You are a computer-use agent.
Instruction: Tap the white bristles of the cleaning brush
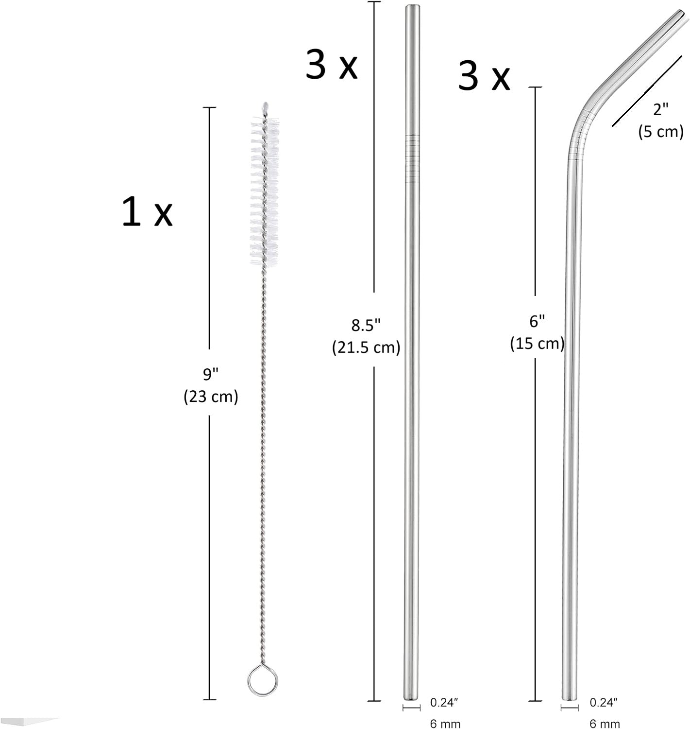point(264,191)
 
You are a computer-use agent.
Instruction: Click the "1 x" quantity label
point(147,212)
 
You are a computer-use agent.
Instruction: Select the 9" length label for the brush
point(210,375)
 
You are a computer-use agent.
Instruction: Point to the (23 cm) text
point(211,397)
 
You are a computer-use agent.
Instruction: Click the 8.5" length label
point(366,326)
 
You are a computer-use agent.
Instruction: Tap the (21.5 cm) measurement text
point(366,348)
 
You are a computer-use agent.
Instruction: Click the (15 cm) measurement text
point(538,344)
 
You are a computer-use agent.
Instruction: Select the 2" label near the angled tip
point(661,109)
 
